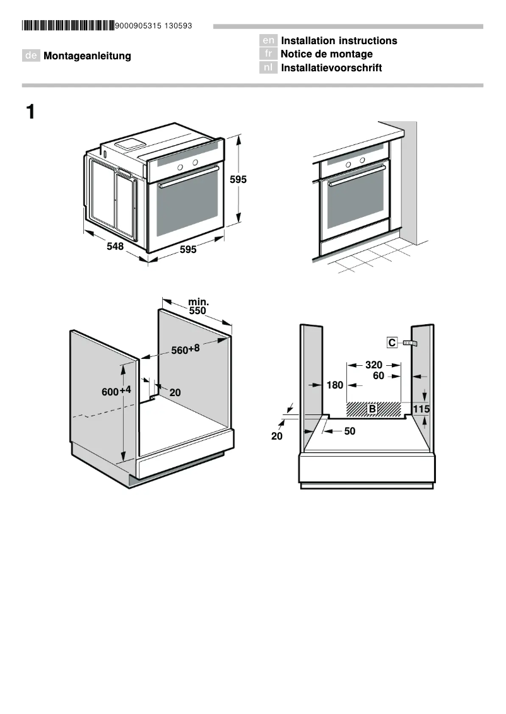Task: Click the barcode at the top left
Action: coord(68,26)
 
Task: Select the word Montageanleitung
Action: coord(87,56)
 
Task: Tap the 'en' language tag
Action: coord(268,41)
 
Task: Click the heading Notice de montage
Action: coord(326,54)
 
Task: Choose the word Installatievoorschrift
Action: coord(331,68)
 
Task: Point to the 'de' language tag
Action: coord(31,56)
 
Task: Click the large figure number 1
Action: coord(30,113)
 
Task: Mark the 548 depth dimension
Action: coord(115,247)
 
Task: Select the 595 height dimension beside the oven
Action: coord(238,180)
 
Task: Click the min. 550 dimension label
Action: coord(198,307)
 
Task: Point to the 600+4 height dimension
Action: coord(117,391)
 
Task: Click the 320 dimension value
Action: coord(374,365)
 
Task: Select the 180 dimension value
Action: coord(334,385)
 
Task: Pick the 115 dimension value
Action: coord(421,409)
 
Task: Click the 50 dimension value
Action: coord(350,431)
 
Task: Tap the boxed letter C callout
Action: coord(392,342)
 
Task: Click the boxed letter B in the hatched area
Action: coord(372,409)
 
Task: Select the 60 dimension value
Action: coord(379,376)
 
